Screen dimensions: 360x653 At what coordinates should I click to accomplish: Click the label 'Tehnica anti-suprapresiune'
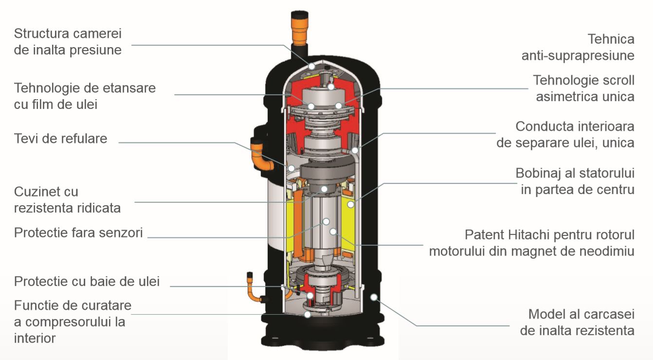578,47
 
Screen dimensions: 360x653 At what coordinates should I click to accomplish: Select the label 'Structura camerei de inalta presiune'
68,42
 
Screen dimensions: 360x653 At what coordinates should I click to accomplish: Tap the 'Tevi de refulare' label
60,138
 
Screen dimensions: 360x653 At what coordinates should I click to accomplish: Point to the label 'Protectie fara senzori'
78,233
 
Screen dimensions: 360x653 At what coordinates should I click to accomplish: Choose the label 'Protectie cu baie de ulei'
87,281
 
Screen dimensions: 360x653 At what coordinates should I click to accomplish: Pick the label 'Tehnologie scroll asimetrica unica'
583,88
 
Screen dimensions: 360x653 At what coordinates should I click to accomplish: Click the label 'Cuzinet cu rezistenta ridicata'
67,199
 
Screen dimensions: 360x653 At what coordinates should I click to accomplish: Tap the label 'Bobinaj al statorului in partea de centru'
575,181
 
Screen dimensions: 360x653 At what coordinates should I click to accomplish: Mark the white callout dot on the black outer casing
374,296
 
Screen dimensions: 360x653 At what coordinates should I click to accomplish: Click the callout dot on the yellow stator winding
350,204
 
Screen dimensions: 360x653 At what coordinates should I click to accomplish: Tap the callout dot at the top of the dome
311,66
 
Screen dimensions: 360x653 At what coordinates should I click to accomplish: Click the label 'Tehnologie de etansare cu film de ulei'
85,96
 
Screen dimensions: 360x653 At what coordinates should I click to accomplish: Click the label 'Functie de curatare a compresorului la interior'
73,322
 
